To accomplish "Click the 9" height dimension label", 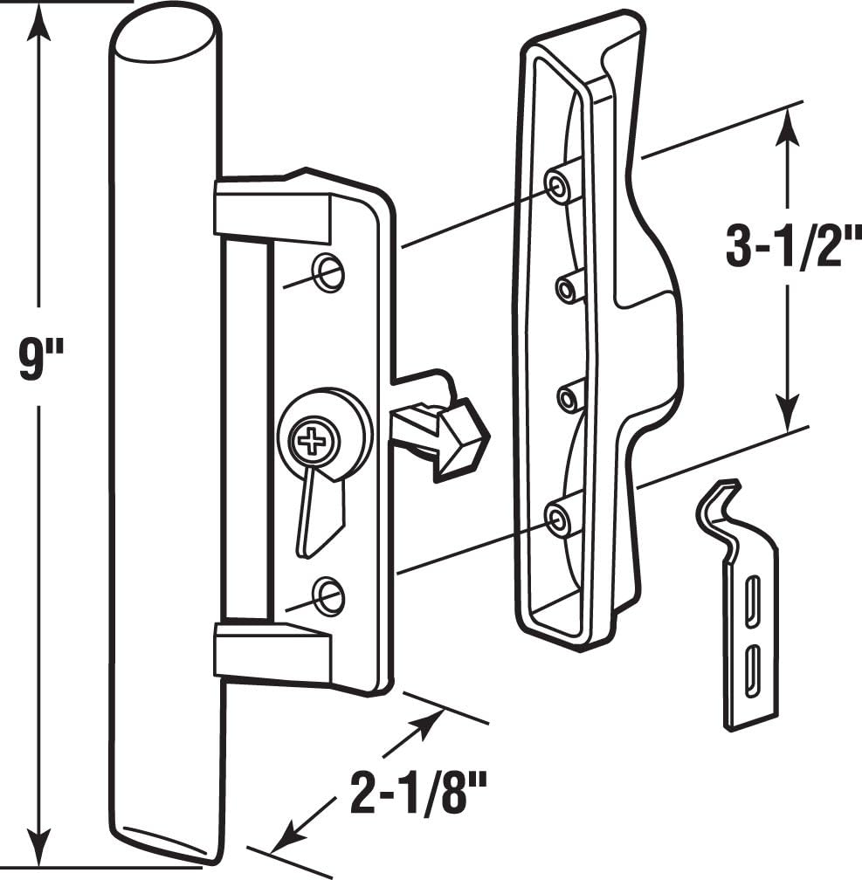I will coord(40,360).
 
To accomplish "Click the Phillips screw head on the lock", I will coord(313,438).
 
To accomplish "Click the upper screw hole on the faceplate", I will coord(329,272).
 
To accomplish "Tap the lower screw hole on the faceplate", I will coord(329,595).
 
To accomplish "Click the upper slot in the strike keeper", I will coord(750,602).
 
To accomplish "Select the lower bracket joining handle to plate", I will coord(272,651).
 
